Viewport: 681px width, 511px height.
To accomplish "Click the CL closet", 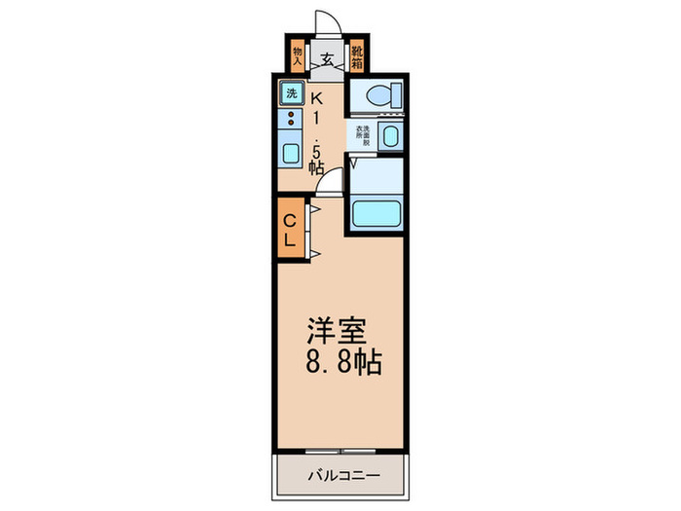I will click(x=290, y=226).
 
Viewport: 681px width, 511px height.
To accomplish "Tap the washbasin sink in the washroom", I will click(x=391, y=136).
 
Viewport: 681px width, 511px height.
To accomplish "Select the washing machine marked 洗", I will click(x=291, y=94).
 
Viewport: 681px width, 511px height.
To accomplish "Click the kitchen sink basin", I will click(x=290, y=153).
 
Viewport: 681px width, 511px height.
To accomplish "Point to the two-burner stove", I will click(x=289, y=122).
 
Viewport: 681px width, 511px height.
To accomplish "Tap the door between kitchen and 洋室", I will click(x=332, y=183).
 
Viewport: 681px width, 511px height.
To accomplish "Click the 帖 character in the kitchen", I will click(x=317, y=167).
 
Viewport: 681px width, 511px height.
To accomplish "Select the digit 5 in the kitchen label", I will click(x=318, y=149).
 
